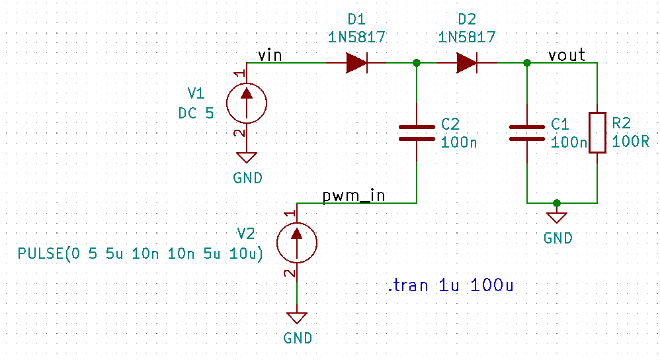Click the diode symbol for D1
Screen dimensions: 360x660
(356, 64)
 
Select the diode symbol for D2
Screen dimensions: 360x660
(467, 64)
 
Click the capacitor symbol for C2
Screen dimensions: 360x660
(417, 132)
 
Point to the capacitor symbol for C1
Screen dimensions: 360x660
(527, 132)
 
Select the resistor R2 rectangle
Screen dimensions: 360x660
(597, 132)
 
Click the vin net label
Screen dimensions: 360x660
(269, 56)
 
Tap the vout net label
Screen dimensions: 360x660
(567, 55)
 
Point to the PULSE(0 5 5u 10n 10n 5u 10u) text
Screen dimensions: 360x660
(140, 253)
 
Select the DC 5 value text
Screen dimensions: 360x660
(196, 113)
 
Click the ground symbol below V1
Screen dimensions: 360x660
(247, 159)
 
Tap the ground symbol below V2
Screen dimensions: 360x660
(298, 318)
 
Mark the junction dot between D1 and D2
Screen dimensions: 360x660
(417, 64)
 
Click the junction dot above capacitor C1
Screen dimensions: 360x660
(527, 64)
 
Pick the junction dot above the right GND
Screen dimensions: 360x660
(557, 202)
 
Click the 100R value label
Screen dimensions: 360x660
(630, 142)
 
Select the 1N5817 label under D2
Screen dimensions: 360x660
(467, 38)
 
